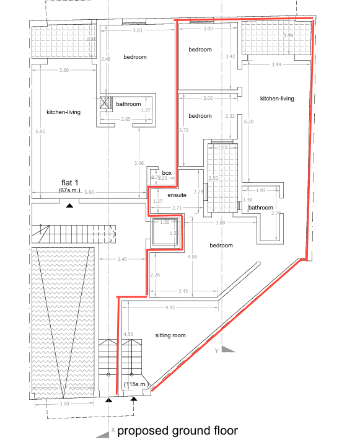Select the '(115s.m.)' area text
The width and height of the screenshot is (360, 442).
[x=136, y=385]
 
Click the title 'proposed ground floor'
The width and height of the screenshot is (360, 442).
[x=177, y=431]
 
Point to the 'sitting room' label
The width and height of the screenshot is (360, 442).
[x=170, y=335]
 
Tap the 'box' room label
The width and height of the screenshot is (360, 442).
[x=166, y=173]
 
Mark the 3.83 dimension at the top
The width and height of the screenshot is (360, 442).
[x=138, y=30]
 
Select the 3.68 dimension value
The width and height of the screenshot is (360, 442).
[x=220, y=223]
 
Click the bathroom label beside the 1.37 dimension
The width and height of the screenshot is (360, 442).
[x=129, y=104]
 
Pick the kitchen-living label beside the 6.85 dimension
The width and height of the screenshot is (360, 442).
[x=64, y=112]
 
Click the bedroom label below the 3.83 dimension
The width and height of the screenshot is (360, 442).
[x=134, y=57]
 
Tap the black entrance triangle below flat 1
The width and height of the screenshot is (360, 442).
[x=70, y=205]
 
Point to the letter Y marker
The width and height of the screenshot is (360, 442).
[x=216, y=351]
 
